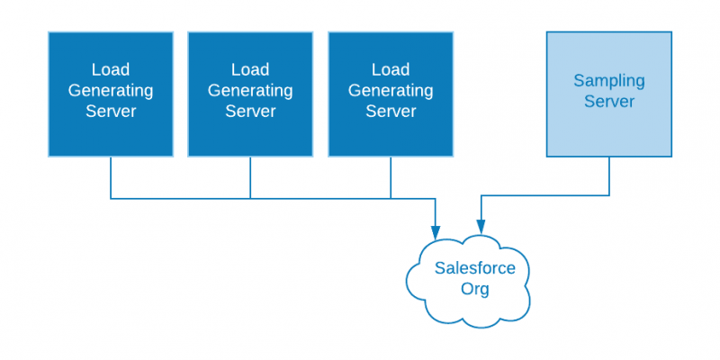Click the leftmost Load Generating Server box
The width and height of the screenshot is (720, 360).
click(x=111, y=94)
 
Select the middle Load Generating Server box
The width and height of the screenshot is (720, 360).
click(x=250, y=94)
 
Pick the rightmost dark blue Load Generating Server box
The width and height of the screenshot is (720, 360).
click(x=391, y=94)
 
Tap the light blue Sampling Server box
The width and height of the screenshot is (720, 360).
click(x=609, y=94)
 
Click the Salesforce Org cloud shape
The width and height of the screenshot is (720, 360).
click(x=468, y=281)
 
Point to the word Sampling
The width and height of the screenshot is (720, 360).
click(x=609, y=81)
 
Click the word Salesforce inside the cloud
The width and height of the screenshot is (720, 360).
click(x=475, y=267)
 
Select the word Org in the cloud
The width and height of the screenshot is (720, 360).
click(x=475, y=289)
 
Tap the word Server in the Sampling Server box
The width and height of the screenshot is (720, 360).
click(x=609, y=101)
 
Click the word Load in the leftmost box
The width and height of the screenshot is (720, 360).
click(x=111, y=70)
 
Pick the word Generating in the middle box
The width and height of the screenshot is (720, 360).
click(x=250, y=91)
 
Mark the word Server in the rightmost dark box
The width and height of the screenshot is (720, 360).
click(x=391, y=111)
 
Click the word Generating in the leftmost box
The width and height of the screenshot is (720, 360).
click(x=111, y=91)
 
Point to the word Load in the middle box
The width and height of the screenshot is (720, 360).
click(x=250, y=70)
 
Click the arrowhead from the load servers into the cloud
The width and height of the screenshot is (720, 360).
click(x=435, y=232)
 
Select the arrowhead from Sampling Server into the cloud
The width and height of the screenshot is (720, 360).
click(x=481, y=226)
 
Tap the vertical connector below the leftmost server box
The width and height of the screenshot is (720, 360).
click(x=111, y=177)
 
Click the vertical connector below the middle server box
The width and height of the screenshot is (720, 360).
click(x=250, y=177)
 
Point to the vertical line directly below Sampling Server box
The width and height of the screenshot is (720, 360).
click(x=609, y=176)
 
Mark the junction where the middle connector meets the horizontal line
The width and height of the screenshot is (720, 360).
click(x=250, y=198)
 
